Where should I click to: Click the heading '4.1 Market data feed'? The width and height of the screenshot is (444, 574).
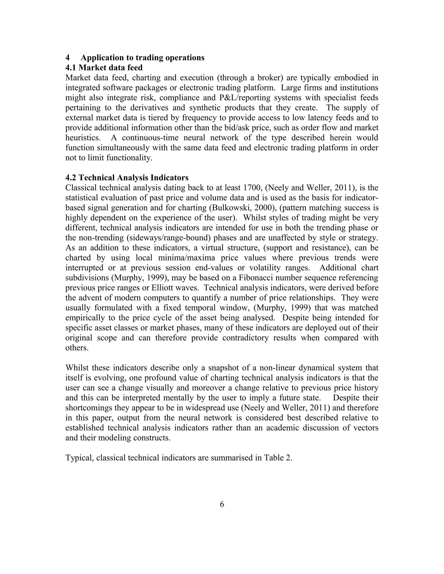(x=104, y=68)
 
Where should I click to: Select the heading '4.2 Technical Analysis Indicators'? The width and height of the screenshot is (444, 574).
(x=127, y=178)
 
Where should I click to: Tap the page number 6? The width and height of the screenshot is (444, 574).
(x=222, y=504)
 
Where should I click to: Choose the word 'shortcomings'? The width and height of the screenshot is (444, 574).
(x=88, y=408)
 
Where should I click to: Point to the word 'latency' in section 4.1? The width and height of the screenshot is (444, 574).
(x=313, y=118)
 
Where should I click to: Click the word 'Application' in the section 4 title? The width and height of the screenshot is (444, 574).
(x=99, y=58)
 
